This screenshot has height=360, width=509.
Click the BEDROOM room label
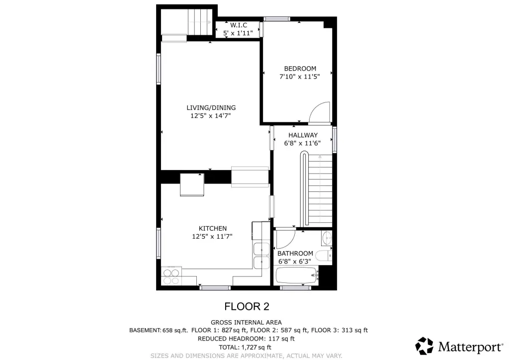click(x=300, y=69)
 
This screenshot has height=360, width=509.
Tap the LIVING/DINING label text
click(x=211, y=108)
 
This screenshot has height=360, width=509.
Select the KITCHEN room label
click(x=213, y=229)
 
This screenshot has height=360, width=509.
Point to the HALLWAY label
click(x=303, y=135)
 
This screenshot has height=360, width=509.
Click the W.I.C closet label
click(x=239, y=25)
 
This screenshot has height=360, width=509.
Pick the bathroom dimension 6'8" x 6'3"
click(x=295, y=262)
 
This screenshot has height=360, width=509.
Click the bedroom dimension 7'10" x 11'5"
click(x=300, y=77)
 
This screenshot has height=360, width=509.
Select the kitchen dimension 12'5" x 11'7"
click(x=212, y=237)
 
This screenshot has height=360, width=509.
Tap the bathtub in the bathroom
click(x=296, y=275)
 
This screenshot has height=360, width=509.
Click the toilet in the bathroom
click(x=324, y=256)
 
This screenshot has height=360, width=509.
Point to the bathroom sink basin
click(x=327, y=239)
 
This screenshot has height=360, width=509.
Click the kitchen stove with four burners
click(x=171, y=276)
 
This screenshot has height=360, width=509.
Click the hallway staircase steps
click(x=320, y=190)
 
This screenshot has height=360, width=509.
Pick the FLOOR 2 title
click(x=247, y=306)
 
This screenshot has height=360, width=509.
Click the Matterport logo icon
click(x=424, y=346)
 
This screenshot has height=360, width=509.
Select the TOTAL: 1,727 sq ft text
click(x=245, y=348)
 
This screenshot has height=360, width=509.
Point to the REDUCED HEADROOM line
click(x=246, y=339)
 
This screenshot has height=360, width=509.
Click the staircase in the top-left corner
click(x=200, y=22)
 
